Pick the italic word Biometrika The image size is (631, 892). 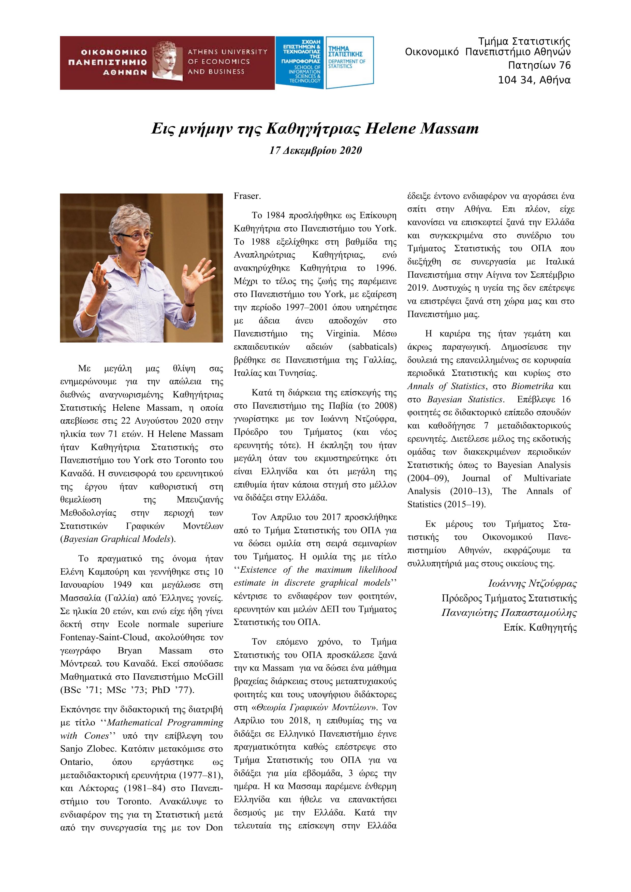point(532,386)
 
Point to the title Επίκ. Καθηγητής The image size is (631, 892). point(540,628)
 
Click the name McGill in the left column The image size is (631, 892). point(210,677)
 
